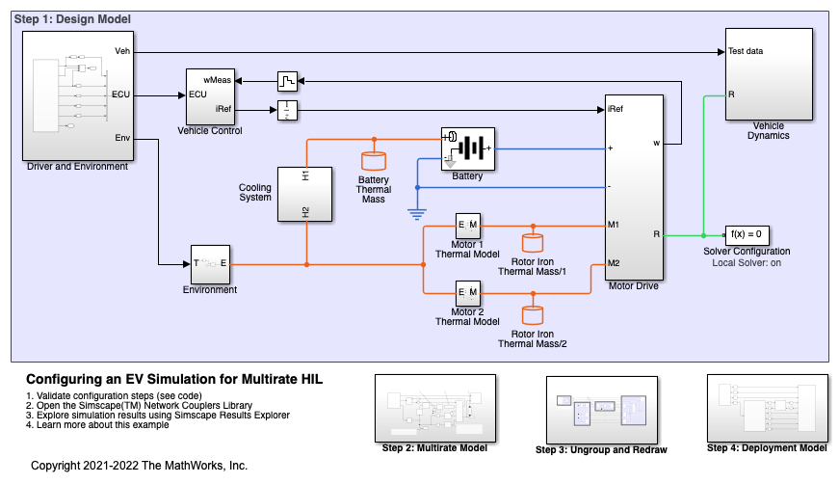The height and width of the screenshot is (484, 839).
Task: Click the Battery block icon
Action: tap(467, 148)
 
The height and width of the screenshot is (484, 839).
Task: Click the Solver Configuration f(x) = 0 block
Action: tap(747, 234)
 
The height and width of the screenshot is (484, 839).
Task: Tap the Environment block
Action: tap(209, 263)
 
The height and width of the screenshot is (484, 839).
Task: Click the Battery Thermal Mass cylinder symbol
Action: tap(373, 161)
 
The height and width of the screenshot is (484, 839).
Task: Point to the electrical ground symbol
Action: tap(417, 214)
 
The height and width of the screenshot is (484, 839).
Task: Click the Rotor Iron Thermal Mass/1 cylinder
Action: tap(532, 243)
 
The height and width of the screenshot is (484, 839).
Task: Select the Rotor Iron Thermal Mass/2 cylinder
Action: tap(532, 314)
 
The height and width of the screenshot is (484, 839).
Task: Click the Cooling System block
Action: tap(305, 194)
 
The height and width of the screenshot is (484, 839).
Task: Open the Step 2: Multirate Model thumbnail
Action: tap(434, 408)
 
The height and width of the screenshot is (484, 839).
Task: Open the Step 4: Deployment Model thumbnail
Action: tap(766, 408)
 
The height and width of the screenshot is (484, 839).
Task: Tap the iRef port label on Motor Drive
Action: tap(616, 109)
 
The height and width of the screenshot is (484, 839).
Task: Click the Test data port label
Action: tap(747, 51)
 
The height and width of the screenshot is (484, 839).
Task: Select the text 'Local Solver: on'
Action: tap(747, 262)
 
